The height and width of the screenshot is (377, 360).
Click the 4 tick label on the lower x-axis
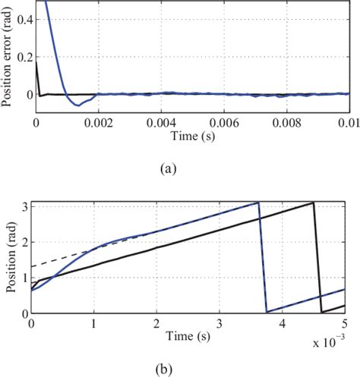[282, 323]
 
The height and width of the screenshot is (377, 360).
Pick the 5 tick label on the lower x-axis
[344, 323]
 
